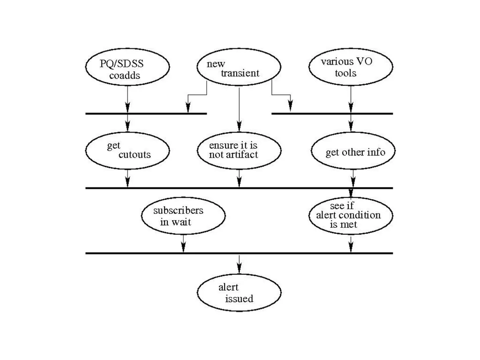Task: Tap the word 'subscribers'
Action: click(178, 210)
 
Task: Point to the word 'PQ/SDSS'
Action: click(121, 64)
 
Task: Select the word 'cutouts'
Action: click(135, 155)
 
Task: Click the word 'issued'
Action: click(239, 299)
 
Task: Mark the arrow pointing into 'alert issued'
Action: click(239, 264)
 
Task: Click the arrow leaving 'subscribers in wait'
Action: click(183, 243)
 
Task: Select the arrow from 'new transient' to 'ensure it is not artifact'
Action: click(239, 110)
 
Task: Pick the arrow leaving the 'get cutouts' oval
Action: click(127, 178)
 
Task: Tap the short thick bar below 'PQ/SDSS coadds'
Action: click(146, 113)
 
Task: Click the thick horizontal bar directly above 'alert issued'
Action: click(239, 253)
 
